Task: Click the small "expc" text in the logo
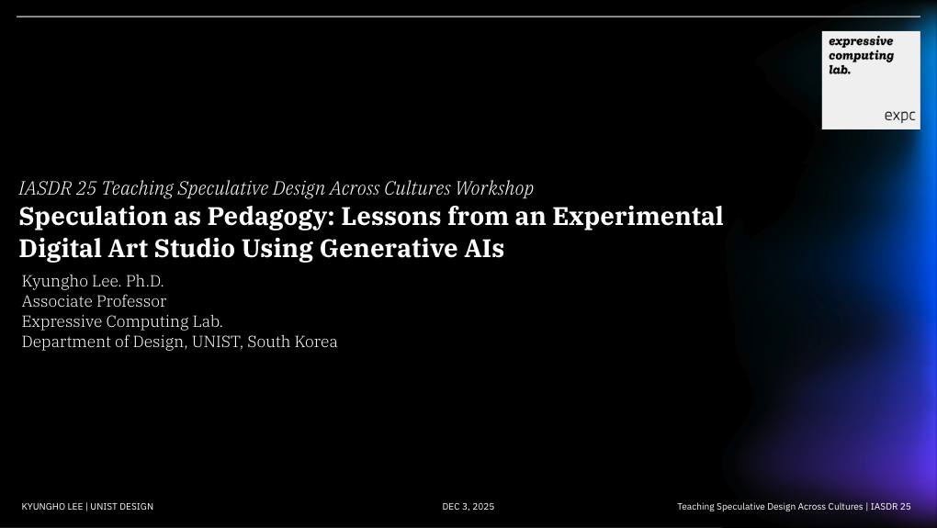[x=899, y=116]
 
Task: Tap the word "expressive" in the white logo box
[x=861, y=41]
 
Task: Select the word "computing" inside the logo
[x=861, y=55]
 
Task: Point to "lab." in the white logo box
[x=840, y=69]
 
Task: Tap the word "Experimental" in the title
[x=638, y=218]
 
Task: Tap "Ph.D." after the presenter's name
[x=143, y=281]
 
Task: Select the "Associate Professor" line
[x=94, y=301]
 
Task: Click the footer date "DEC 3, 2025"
[x=468, y=507]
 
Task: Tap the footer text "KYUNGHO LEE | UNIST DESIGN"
[x=87, y=507]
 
